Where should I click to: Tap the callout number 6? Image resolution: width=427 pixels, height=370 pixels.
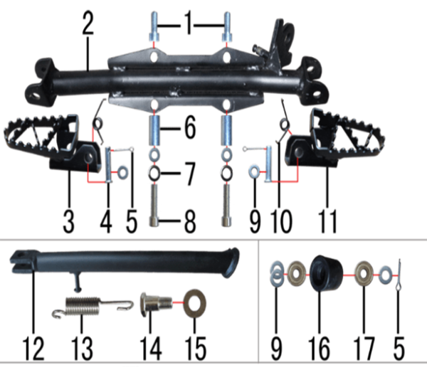pos(190,127)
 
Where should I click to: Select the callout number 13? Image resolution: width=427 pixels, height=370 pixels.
pos(82,348)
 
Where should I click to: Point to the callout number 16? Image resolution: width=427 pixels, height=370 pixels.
pos(319,348)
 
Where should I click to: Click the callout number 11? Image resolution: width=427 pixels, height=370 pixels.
pos(327,221)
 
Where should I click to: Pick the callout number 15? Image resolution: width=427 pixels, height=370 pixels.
pos(195,348)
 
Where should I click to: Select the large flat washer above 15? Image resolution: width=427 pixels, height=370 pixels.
pos(195,303)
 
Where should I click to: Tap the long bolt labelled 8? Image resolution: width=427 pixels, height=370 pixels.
pos(154,205)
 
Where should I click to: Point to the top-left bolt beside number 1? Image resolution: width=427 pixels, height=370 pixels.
pos(154,26)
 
